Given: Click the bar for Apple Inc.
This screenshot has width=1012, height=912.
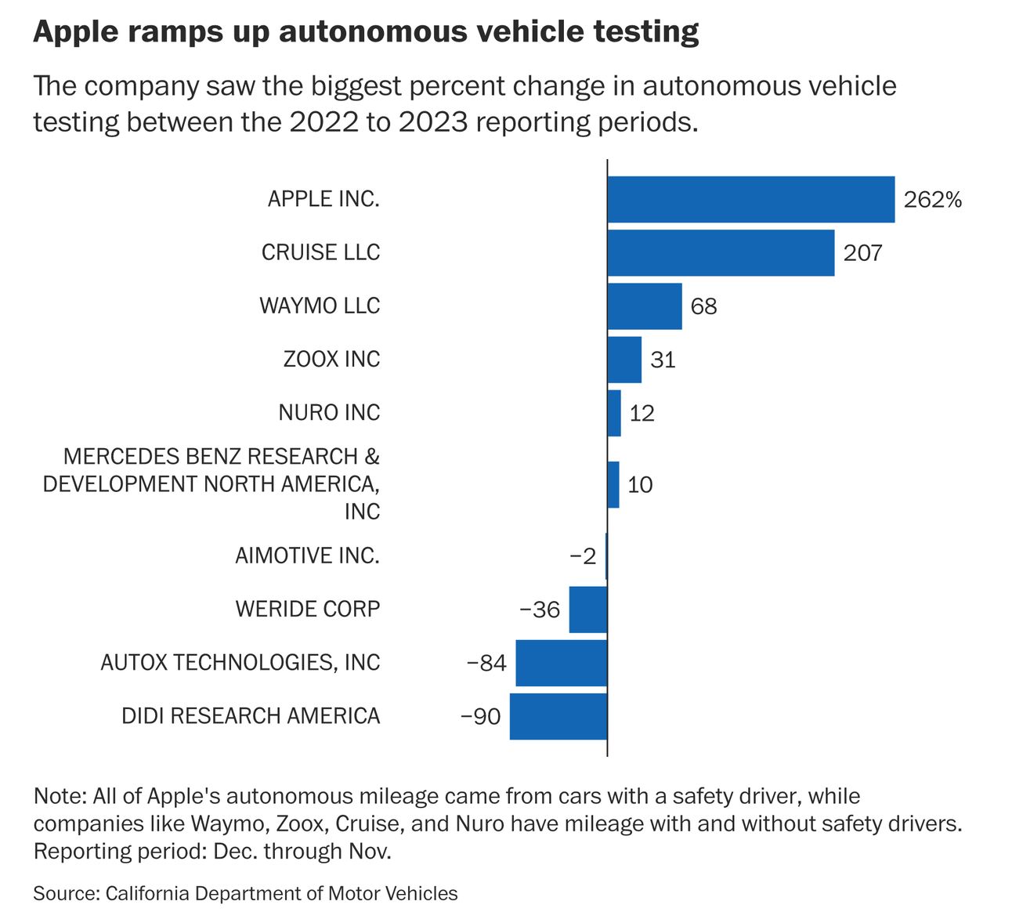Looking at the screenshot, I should click(750, 199).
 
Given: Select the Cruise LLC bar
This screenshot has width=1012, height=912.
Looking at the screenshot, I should click(721, 252).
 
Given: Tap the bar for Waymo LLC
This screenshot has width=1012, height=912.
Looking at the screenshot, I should click(645, 306).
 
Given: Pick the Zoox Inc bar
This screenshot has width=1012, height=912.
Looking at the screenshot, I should click(624, 360).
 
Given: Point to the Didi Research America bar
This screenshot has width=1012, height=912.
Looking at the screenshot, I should click(558, 716).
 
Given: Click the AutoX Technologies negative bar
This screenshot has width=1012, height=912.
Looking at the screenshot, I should click(561, 663).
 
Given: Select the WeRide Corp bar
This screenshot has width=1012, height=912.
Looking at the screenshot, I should click(587, 609).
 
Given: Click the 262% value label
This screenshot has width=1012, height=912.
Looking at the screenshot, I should click(932, 200).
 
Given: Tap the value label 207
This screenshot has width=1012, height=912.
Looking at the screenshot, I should click(862, 253).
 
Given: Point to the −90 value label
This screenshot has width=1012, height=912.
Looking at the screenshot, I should click(480, 717).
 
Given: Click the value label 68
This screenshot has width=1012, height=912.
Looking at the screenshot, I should click(703, 306).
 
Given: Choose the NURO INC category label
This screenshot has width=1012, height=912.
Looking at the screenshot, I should click(329, 412).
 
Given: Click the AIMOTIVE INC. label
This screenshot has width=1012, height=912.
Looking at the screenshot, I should click(307, 556).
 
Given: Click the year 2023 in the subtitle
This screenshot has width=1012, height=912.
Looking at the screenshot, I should click(433, 122).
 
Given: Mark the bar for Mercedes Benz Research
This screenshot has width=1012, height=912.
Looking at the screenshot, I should click(613, 484).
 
